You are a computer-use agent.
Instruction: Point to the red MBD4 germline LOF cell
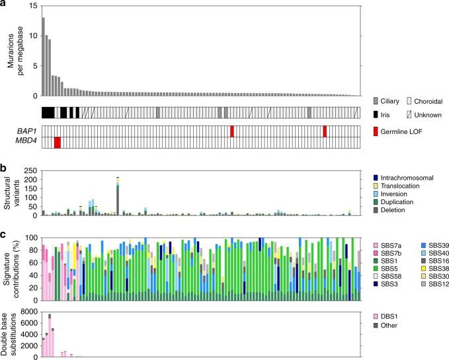pos(58,143)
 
